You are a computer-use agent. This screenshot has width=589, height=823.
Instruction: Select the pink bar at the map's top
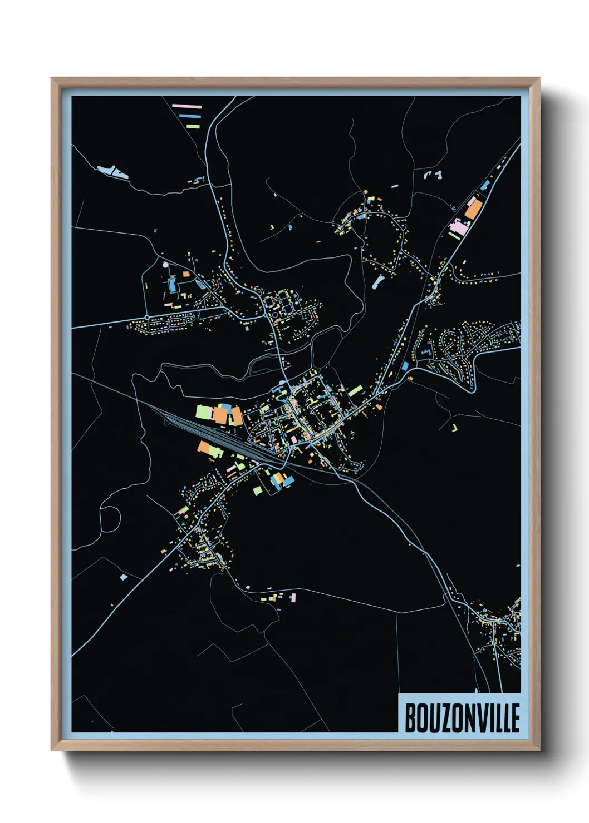tap(186, 106)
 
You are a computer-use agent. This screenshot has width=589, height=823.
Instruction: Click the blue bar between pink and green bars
tap(190, 116)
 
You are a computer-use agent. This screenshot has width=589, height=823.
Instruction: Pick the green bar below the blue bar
tap(193, 127)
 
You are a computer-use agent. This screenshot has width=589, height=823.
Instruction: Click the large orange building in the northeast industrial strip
tap(473, 210)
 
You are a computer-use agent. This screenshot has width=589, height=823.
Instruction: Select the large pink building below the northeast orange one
tap(459, 226)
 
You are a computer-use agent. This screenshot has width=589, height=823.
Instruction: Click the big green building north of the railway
tap(202, 412)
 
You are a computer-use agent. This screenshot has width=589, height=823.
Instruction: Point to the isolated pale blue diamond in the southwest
tap(124, 577)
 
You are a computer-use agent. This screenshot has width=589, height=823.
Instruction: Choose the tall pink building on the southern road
tap(293, 598)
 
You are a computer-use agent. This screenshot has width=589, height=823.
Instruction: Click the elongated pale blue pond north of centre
tap(378, 281)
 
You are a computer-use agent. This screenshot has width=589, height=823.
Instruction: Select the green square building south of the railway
tap(257, 490)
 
